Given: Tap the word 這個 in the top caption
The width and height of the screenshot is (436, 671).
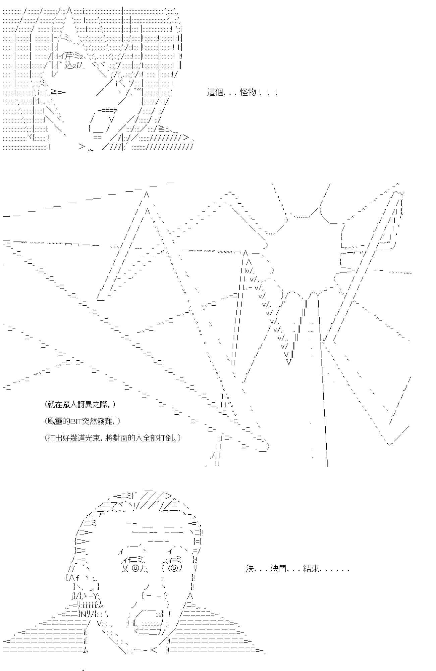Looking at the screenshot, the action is click(x=215, y=92).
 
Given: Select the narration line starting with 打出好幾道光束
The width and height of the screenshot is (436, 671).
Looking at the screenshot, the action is click(x=113, y=438).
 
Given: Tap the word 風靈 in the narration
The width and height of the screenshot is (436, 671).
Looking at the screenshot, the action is click(x=55, y=421).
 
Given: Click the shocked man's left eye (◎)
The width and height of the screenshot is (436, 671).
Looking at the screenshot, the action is click(x=135, y=568).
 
